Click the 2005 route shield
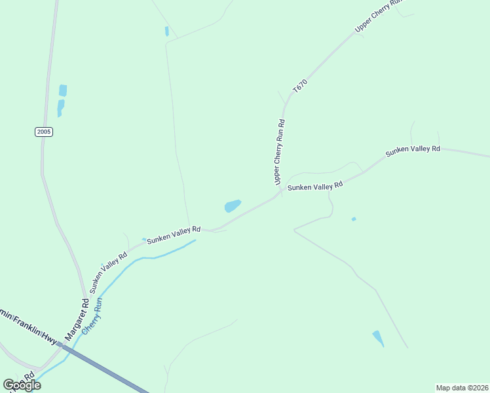(x=44, y=132)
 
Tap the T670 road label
(x=300, y=88)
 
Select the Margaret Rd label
(x=76, y=320)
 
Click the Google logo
(x=22, y=385)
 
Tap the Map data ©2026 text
(x=462, y=388)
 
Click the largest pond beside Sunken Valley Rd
(x=233, y=206)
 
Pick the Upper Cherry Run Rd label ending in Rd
(x=280, y=151)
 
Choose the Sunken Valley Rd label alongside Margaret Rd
(x=108, y=271)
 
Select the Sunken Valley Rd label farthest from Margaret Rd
(x=413, y=150)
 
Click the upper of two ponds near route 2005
(x=63, y=90)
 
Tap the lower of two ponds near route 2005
(x=60, y=107)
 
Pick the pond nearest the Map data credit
(x=378, y=338)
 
